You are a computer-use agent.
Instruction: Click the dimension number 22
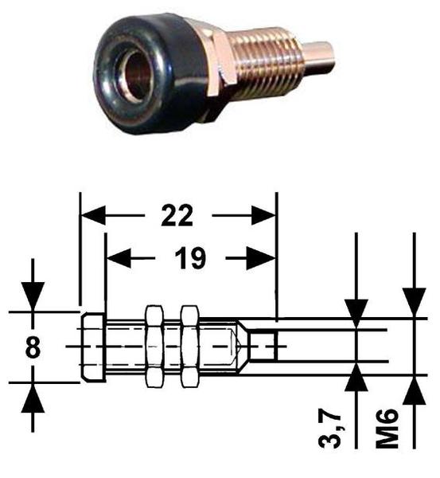coord(177,216)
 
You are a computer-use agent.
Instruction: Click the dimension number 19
coord(190,258)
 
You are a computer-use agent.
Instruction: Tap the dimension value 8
coord(33,347)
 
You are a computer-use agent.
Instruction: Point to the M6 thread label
coord(387,428)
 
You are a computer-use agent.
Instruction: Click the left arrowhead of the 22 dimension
coord(92,216)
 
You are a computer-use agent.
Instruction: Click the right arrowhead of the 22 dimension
coord(263,216)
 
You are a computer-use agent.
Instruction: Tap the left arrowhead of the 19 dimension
coord(119,258)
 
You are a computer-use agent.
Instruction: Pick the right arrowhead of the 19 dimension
coord(261,258)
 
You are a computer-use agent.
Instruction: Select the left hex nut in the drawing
coord(154,347)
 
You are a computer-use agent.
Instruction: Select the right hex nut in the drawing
coord(189,347)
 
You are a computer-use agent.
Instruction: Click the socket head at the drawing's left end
coord(93,347)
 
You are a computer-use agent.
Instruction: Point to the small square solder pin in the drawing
coord(263,347)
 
